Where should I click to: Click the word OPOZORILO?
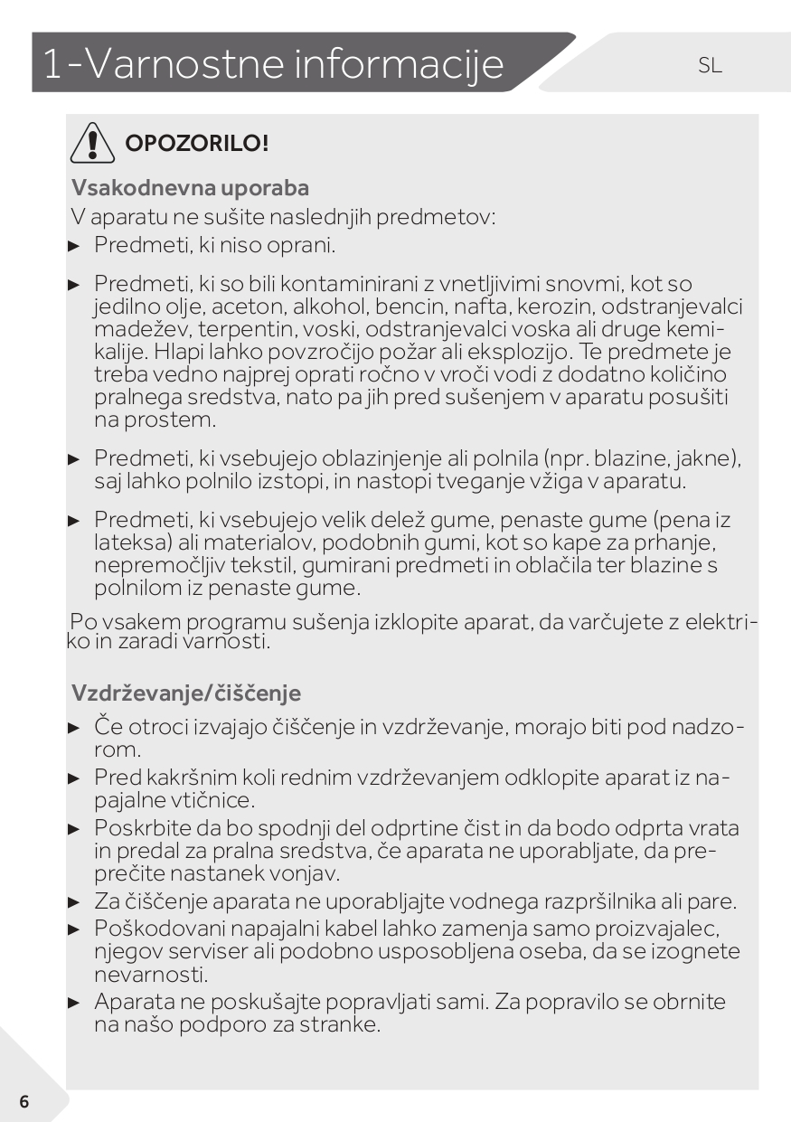196,143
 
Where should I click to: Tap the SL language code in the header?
710,65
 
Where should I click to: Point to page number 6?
24,1101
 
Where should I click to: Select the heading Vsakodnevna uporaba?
190,188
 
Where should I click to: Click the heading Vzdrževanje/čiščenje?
185,693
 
